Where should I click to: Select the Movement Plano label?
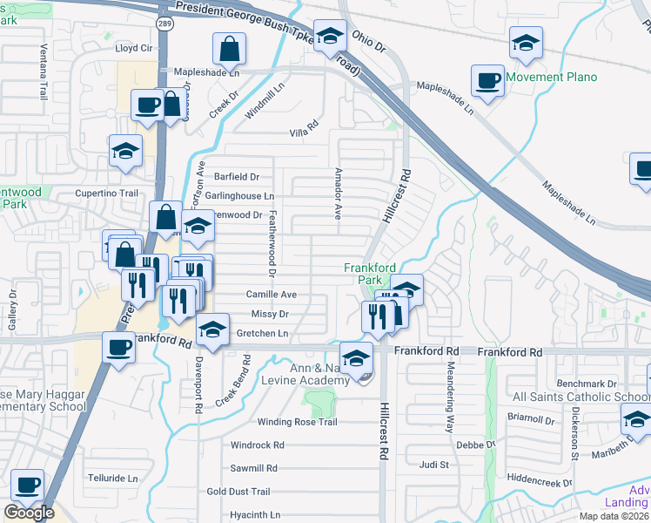tap(551, 77)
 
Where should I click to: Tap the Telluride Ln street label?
tap(113, 479)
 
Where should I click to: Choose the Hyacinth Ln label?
tap(255, 515)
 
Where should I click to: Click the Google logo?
tap(29, 513)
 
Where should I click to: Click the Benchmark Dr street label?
tap(587, 384)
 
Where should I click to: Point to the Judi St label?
tap(433, 465)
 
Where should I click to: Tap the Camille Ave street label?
tap(272, 295)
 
